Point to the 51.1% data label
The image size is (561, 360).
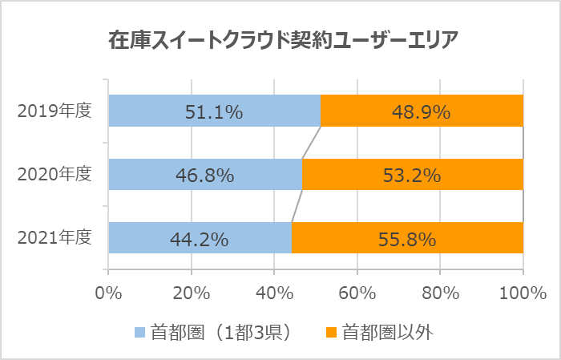(213, 112)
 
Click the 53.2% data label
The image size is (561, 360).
(412, 175)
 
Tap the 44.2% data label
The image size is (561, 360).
(200, 238)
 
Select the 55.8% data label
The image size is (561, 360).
(406, 238)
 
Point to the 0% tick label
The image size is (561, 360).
(108, 293)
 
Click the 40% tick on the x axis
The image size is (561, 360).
(274, 293)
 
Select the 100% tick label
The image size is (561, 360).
(523, 293)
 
